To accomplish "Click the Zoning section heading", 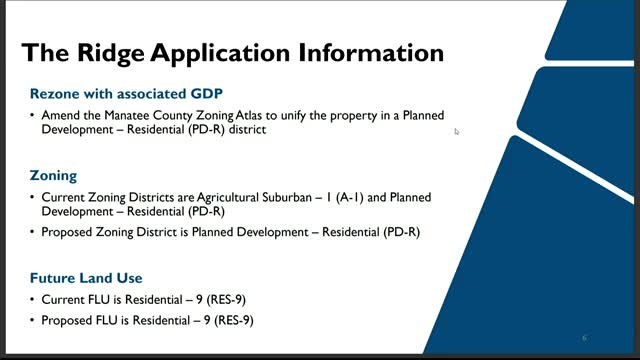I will [54, 175].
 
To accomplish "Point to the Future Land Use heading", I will [86, 277].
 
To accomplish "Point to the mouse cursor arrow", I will [456, 130].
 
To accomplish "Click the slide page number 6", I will [584, 337].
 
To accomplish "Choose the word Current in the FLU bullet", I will [61, 299].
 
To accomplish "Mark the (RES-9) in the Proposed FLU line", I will [233, 321].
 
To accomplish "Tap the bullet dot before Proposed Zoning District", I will [33, 233].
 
